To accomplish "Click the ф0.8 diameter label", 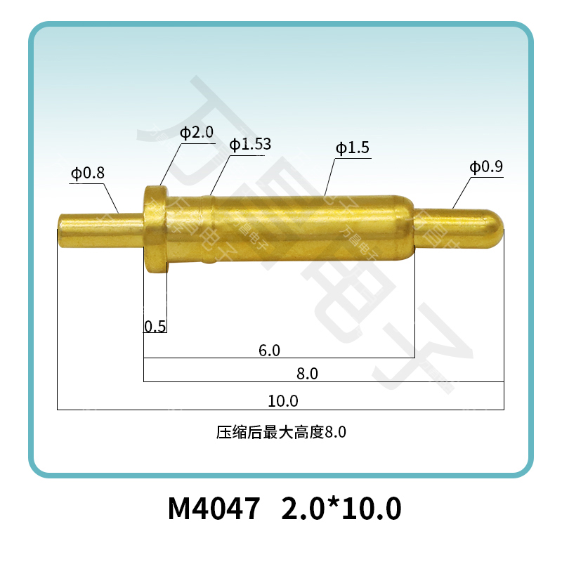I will [x=87, y=172].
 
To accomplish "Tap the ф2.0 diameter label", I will [x=196, y=133].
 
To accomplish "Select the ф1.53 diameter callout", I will [x=249, y=145].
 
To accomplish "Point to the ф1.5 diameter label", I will [x=352, y=148].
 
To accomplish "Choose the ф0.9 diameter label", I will [x=486, y=167].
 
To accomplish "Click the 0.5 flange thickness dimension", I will [x=155, y=326].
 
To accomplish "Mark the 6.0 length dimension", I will [x=269, y=350].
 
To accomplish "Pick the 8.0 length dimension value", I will [x=307, y=374].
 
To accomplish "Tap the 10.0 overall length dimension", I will [x=283, y=401].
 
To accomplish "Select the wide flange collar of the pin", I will [x=156, y=229].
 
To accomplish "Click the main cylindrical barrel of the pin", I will [x=302, y=229].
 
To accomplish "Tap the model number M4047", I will [x=214, y=508].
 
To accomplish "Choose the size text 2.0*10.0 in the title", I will [x=341, y=508].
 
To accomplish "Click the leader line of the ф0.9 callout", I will [x=462, y=193].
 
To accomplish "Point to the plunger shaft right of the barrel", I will [x=450, y=228].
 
